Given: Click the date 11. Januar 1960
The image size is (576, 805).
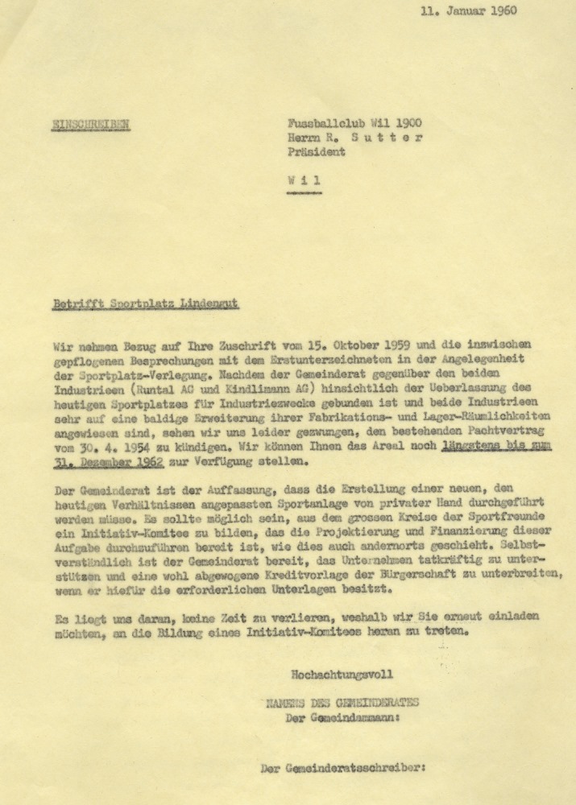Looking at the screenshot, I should [x=469, y=11].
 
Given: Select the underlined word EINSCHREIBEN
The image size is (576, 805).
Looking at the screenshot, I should [x=90, y=124].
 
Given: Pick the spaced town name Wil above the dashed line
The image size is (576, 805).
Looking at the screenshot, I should [x=304, y=180].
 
